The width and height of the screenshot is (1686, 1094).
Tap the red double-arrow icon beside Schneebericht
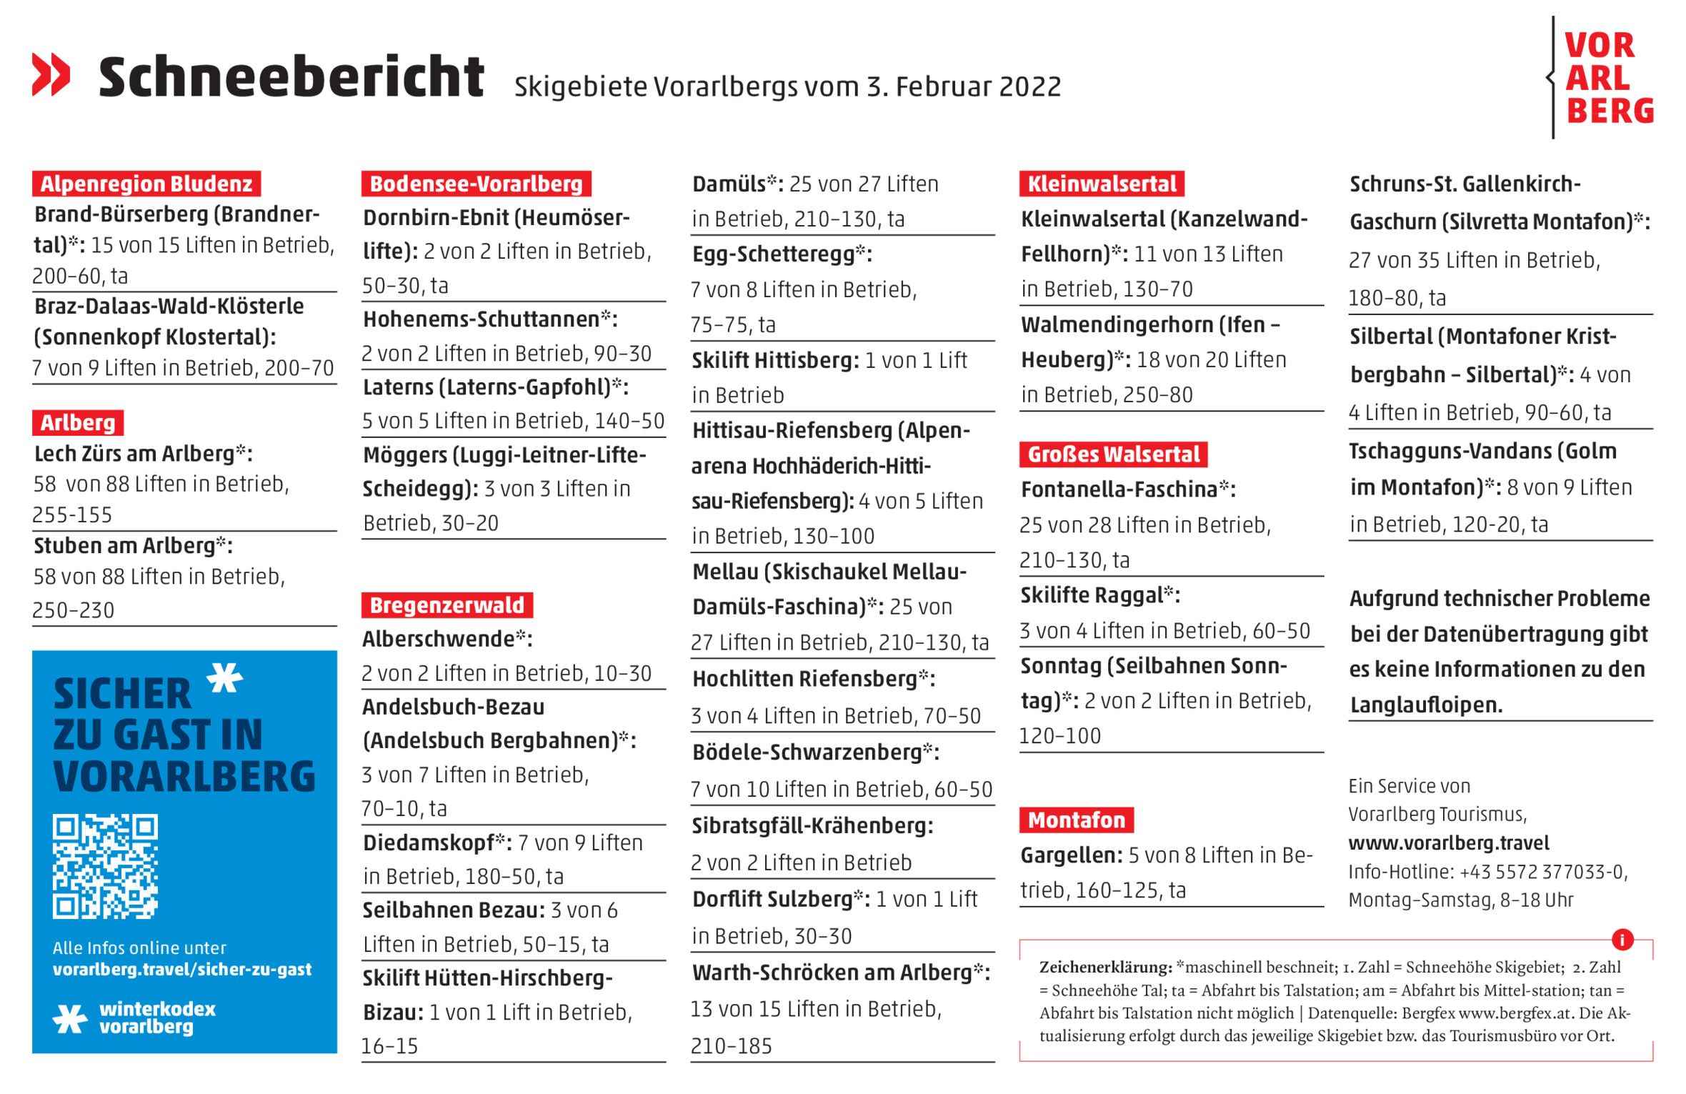51,74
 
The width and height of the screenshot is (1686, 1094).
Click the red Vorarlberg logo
1607,77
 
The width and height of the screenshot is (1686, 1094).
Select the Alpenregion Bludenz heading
146,184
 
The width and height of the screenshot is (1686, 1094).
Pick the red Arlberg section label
78,422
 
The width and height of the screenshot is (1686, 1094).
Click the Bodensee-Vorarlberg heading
476,184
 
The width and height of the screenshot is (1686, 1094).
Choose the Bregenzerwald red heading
447,605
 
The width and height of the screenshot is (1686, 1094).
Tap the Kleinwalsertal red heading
1101,184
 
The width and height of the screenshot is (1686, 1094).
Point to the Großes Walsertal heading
1113,454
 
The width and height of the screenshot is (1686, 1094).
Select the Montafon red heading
1076,820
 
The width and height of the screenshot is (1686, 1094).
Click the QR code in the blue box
105,866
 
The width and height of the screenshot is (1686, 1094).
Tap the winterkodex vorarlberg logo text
156,1018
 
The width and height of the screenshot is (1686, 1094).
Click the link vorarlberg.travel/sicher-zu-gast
182,969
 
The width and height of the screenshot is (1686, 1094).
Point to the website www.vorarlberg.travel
1449,843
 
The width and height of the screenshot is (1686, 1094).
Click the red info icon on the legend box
1622,939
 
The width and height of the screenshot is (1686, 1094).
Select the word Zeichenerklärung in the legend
1105,968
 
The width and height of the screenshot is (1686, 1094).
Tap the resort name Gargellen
1069,855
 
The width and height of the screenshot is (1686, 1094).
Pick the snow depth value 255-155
72,514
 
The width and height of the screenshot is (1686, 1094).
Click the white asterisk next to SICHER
225,677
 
